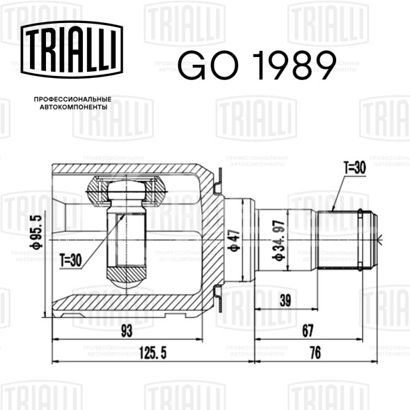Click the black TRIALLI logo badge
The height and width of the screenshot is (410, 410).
click(72, 49)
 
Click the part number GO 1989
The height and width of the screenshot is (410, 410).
click(257, 65)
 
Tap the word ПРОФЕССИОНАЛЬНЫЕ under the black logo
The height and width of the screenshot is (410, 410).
click(72, 100)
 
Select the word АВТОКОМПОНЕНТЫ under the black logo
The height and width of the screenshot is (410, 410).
click(74, 107)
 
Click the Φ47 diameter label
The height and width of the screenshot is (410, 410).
click(235, 239)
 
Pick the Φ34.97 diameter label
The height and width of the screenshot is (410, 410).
click(278, 241)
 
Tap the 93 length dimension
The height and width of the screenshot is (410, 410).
click(127, 331)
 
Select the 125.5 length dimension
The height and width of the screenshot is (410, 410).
click(153, 354)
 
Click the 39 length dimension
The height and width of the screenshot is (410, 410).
click(285, 300)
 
